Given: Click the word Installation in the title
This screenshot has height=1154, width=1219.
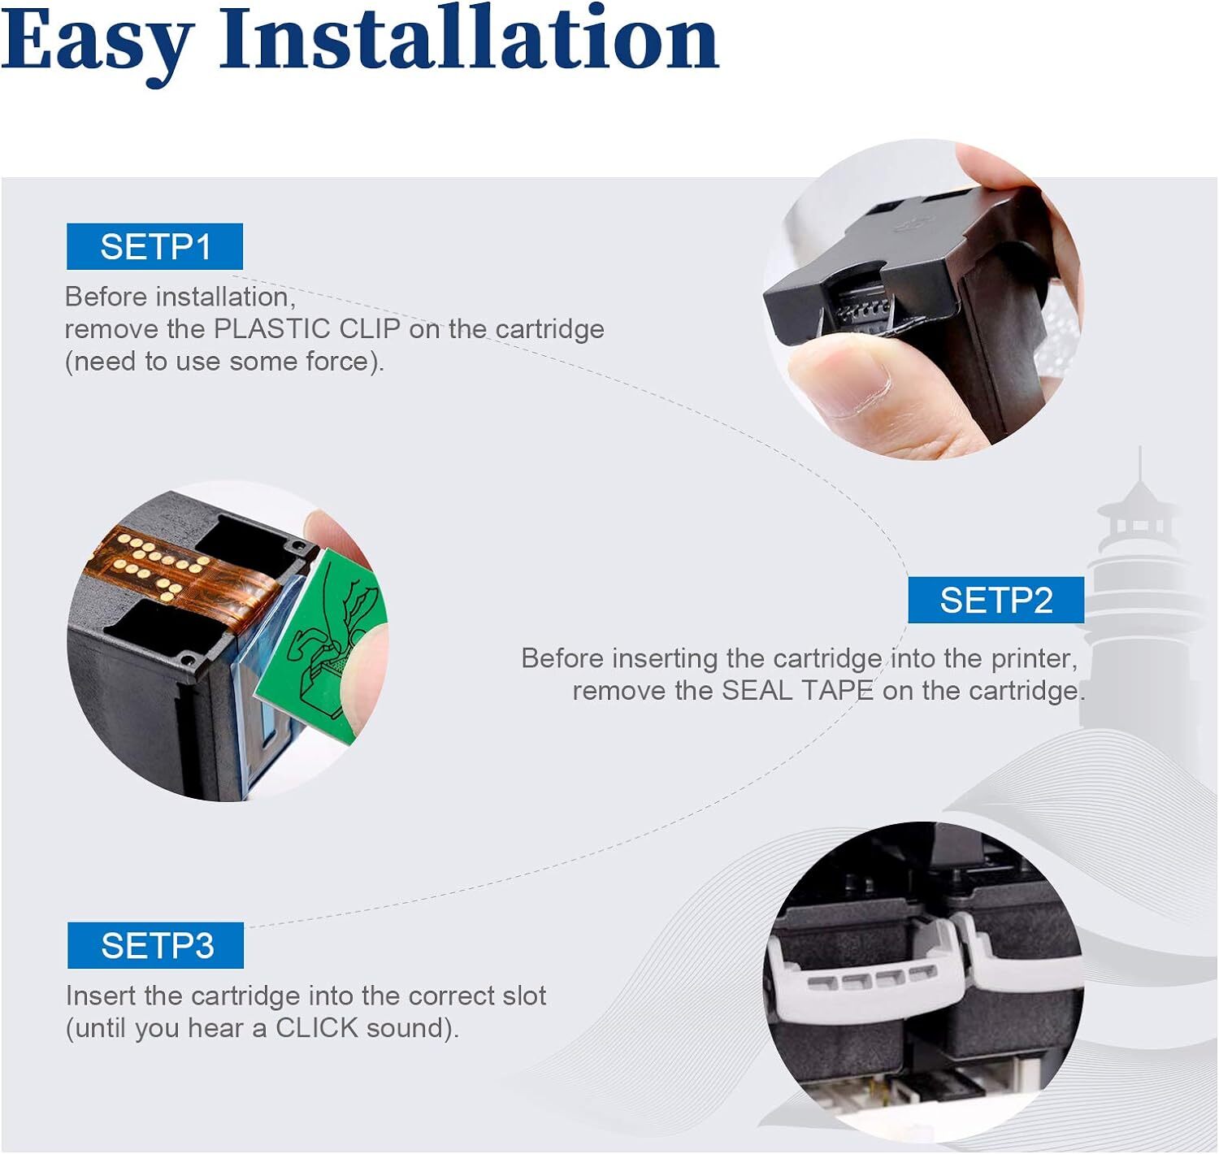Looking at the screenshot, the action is [x=469, y=37].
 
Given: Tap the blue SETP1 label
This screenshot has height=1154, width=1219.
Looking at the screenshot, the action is [x=155, y=246].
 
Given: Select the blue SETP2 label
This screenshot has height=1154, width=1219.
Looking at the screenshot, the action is [x=996, y=600].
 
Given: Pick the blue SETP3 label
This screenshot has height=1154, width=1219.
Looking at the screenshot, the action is [x=156, y=945].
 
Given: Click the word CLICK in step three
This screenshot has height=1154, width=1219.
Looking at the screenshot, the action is [x=317, y=1027].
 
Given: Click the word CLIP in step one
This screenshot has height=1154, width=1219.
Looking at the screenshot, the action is [x=370, y=328].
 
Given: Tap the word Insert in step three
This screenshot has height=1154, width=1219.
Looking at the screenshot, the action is [x=101, y=996].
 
